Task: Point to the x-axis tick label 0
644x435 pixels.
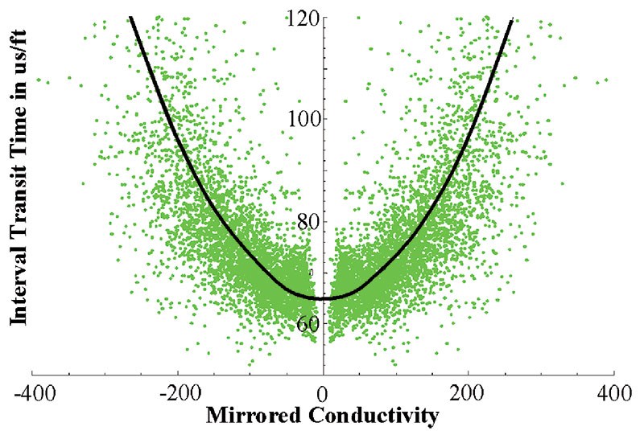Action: [323, 395]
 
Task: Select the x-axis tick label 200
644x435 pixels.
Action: [469, 395]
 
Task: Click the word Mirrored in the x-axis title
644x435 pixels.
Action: [255, 416]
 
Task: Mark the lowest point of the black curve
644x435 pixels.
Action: [324, 298]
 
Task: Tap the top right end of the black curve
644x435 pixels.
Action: [512, 18]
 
